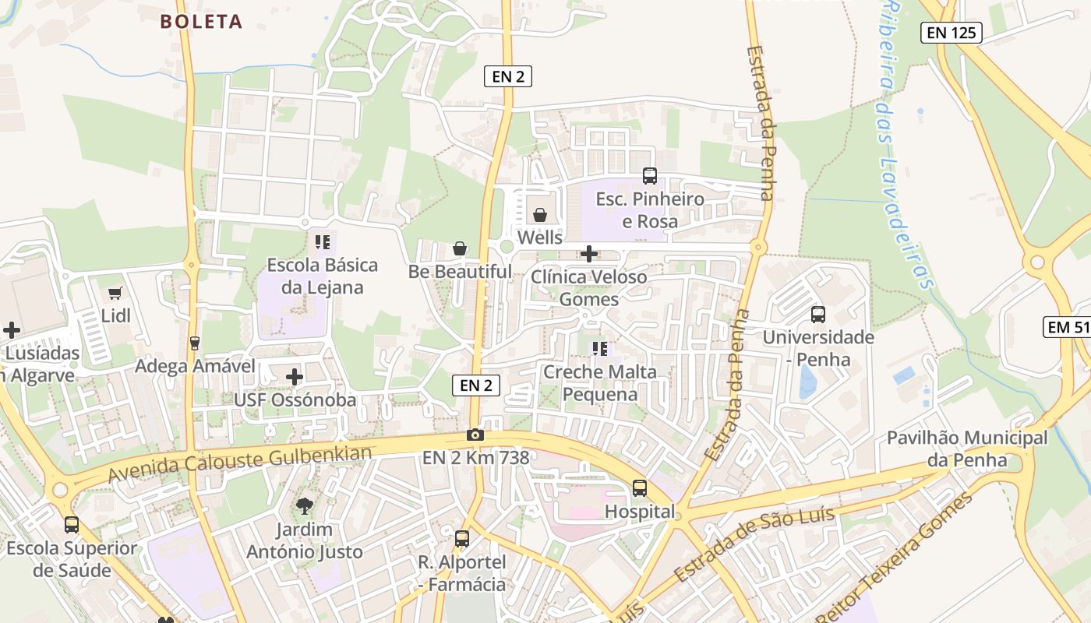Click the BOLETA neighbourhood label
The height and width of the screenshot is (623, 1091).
pos(202,22)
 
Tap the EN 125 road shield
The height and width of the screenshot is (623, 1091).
pos(951,33)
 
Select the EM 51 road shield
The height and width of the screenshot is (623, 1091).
pos(1068,327)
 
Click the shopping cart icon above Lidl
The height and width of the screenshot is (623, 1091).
pos(115,293)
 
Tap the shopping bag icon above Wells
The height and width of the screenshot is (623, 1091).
pos(539,214)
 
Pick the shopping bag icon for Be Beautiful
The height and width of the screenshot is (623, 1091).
pos(460,248)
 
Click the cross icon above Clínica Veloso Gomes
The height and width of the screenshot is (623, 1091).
pos(589,253)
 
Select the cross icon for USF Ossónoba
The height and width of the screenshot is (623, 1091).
pos(295,377)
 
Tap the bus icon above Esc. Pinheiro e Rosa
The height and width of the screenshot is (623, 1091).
pos(649,175)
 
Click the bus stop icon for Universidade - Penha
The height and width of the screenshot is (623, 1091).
pos(818,315)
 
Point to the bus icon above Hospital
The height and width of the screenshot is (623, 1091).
pos(640,488)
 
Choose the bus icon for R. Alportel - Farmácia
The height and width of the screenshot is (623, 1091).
pos(462,538)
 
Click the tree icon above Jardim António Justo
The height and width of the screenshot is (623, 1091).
pos(305,506)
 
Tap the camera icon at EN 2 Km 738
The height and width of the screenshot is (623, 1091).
pos(475,435)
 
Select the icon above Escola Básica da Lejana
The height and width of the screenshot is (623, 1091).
pos(323,241)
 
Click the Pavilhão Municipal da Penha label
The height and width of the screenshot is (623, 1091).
pos(967,449)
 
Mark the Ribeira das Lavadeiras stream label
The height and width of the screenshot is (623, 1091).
pos(904,144)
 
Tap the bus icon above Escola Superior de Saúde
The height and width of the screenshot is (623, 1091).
pos(72,524)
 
